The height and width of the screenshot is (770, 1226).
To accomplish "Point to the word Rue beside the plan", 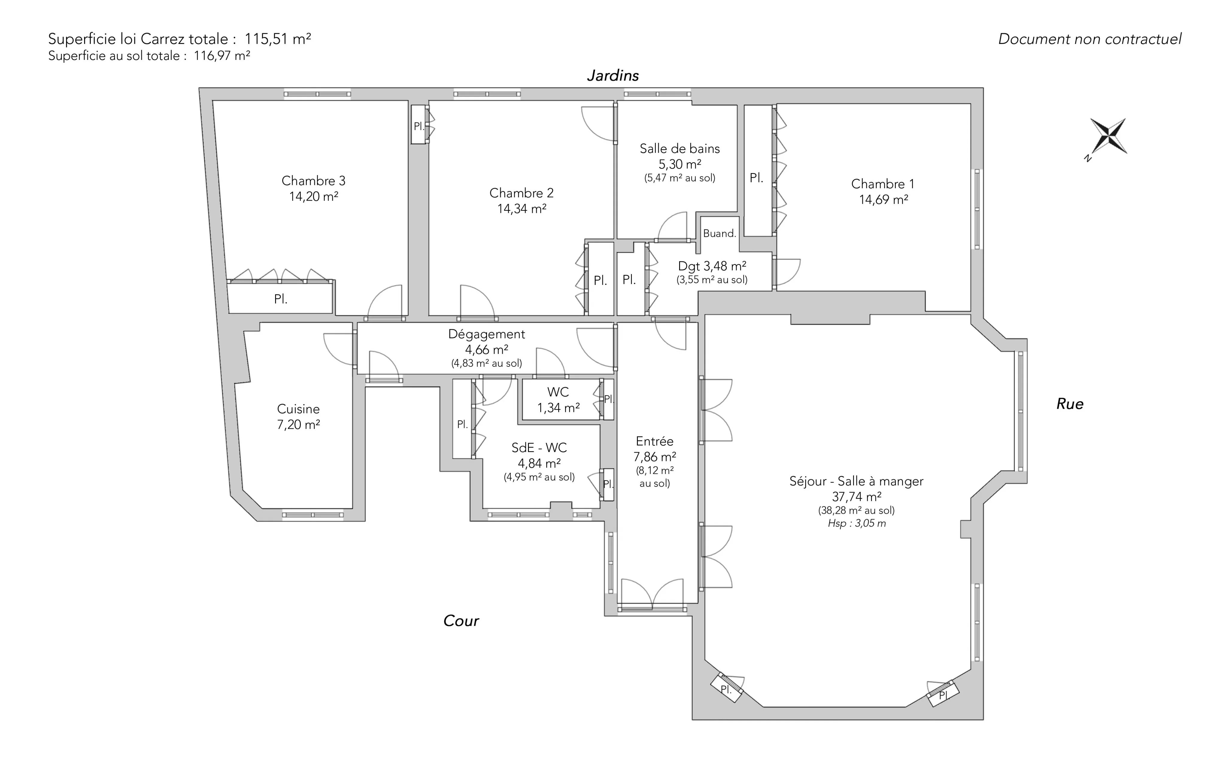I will [1070, 404].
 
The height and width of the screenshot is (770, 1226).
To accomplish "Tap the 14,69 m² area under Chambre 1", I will [883, 200].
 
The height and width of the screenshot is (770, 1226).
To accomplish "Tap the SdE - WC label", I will [539, 448].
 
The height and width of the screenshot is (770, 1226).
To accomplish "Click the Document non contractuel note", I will [1090, 39].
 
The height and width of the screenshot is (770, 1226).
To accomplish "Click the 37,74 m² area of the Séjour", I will [856, 497].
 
